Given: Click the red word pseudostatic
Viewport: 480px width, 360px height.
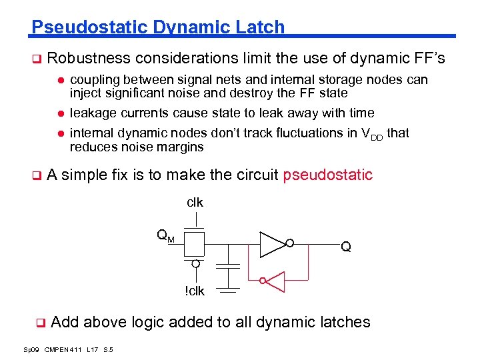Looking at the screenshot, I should click(327, 175).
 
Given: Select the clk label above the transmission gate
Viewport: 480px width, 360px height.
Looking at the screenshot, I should click(195, 202).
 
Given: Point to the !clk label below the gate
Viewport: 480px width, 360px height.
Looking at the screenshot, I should click(195, 291).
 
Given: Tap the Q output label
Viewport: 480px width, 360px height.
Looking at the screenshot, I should click(346, 247).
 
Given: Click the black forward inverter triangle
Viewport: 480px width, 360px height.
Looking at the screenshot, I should click(272, 244).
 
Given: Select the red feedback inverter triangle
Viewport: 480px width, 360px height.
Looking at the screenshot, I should click(275, 281).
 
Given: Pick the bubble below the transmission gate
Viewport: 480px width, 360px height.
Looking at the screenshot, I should click(195, 263).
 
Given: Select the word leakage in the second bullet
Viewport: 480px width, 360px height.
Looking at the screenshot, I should click(93, 113).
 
